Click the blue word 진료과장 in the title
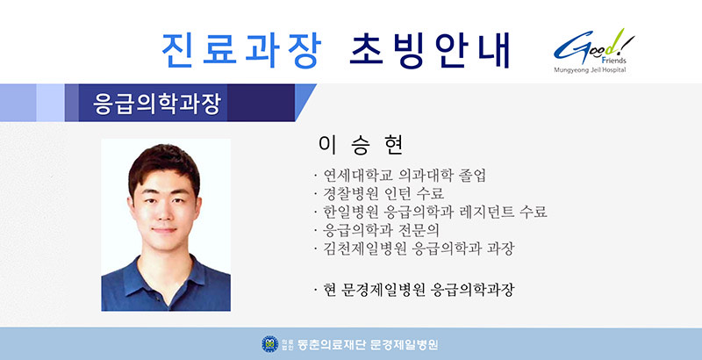[241, 50]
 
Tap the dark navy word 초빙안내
[429, 50]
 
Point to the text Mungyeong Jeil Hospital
[590, 70]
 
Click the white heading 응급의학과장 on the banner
[157, 104]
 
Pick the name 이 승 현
[361, 145]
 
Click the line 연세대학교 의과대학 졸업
[405, 176]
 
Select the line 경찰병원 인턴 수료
[383, 193]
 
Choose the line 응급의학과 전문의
[381, 230]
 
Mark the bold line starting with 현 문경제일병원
[419, 290]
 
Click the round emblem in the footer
[269, 344]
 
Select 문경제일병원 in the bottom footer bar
[404, 344]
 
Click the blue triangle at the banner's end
[304, 102]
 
